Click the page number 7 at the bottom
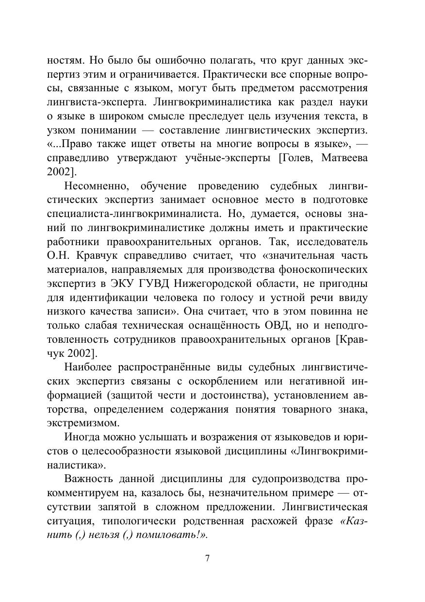click(207, 558)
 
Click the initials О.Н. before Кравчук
click(58, 255)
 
